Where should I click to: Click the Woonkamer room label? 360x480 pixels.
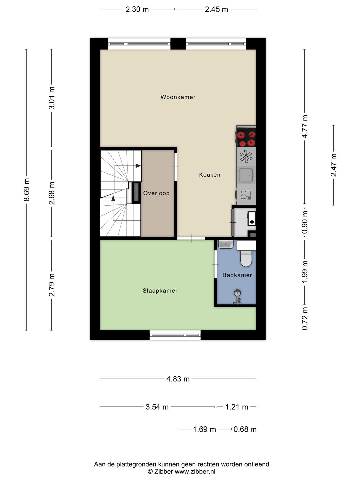pyautogui.click(x=178, y=97)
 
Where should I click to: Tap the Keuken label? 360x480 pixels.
pyautogui.click(x=210, y=175)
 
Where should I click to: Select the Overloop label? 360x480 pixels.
pyautogui.click(x=156, y=193)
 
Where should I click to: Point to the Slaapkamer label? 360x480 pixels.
pyautogui.click(x=160, y=291)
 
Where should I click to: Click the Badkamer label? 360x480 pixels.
pyautogui.click(x=237, y=275)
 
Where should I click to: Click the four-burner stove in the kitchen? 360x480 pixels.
pyautogui.click(x=246, y=136)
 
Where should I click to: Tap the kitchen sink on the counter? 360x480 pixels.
pyautogui.click(x=246, y=175)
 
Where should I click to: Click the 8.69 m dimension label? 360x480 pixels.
pyautogui.click(x=27, y=190)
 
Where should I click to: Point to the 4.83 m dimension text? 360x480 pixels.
pyautogui.click(x=178, y=379)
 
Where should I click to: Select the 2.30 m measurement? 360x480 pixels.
pyautogui.click(x=137, y=9)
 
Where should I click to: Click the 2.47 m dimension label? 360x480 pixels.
pyautogui.click(x=334, y=165)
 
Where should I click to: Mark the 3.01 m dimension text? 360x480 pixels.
pyautogui.click(x=52, y=98)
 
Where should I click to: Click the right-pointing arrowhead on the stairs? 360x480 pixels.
pyautogui.click(x=138, y=166)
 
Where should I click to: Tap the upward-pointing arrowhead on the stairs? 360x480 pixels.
pyautogui.click(x=113, y=198)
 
